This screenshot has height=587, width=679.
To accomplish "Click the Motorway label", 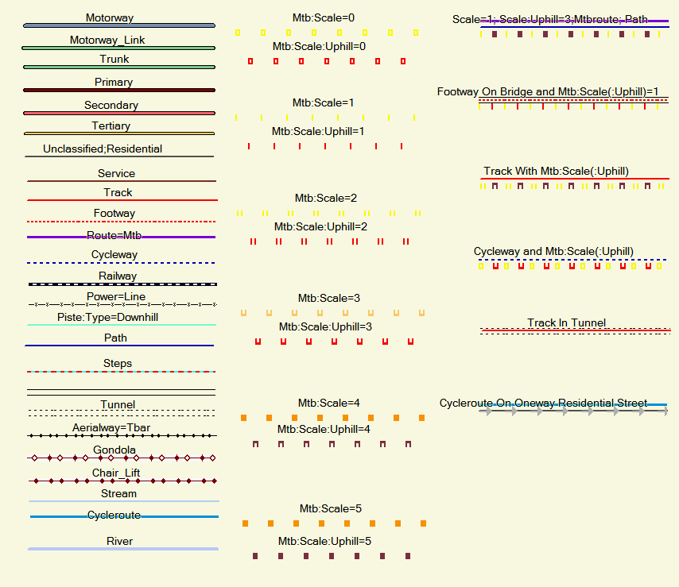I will (x=109, y=17).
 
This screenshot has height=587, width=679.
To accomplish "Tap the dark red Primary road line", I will (x=119, y=91).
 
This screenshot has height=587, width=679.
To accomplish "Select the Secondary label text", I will (x=111, y=106).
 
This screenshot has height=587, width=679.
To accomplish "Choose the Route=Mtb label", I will (x=114, y=236).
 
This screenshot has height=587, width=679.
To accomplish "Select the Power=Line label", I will (x=116, y=297).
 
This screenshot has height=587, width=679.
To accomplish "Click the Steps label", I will (x=118, y=364).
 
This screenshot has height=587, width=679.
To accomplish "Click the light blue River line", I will (x=123, y=549).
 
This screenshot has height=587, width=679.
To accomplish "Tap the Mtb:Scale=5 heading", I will (x=331, y=508).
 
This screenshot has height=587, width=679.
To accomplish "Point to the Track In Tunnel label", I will (x=566, y=323).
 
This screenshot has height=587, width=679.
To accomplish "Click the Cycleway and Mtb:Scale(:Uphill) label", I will (x=553, y=252).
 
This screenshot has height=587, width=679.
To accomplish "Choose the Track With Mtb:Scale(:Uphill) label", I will (x=556, y=172).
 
